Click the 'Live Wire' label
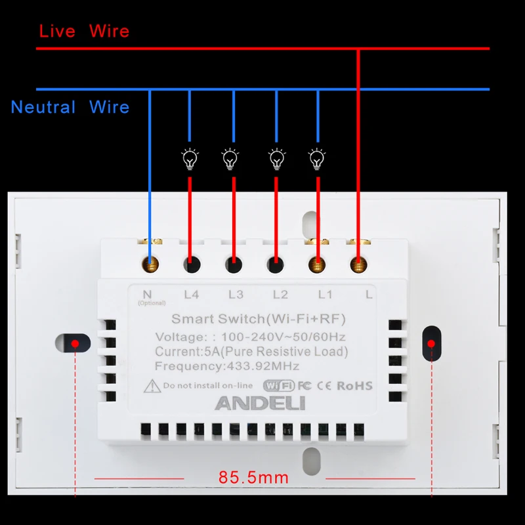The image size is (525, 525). click(x=84, y=31)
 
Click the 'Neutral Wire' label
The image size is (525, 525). click(x=70, y=107)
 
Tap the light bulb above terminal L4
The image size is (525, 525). click(x=190, y=158)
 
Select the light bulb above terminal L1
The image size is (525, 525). click(x=318, y=158)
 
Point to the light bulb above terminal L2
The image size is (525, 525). click(x=276, y=158)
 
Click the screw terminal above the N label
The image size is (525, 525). click(x=150, y=264)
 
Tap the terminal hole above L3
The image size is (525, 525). click(x=233, y=265)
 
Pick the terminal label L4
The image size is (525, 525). click(x=191, y=295)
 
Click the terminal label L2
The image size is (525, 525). click(x=280, y=295)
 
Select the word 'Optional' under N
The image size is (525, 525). click(x=152, y=303)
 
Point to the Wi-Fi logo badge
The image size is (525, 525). click(x=278, y=386)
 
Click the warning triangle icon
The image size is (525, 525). click(x=152, y=385)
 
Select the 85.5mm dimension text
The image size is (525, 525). click(x=253, y=478)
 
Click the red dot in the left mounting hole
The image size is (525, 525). click(x=76, y=343)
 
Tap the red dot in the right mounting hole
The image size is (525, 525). click(x=431, y=343)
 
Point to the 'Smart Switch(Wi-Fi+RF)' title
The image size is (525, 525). click(x=258, y=320)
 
